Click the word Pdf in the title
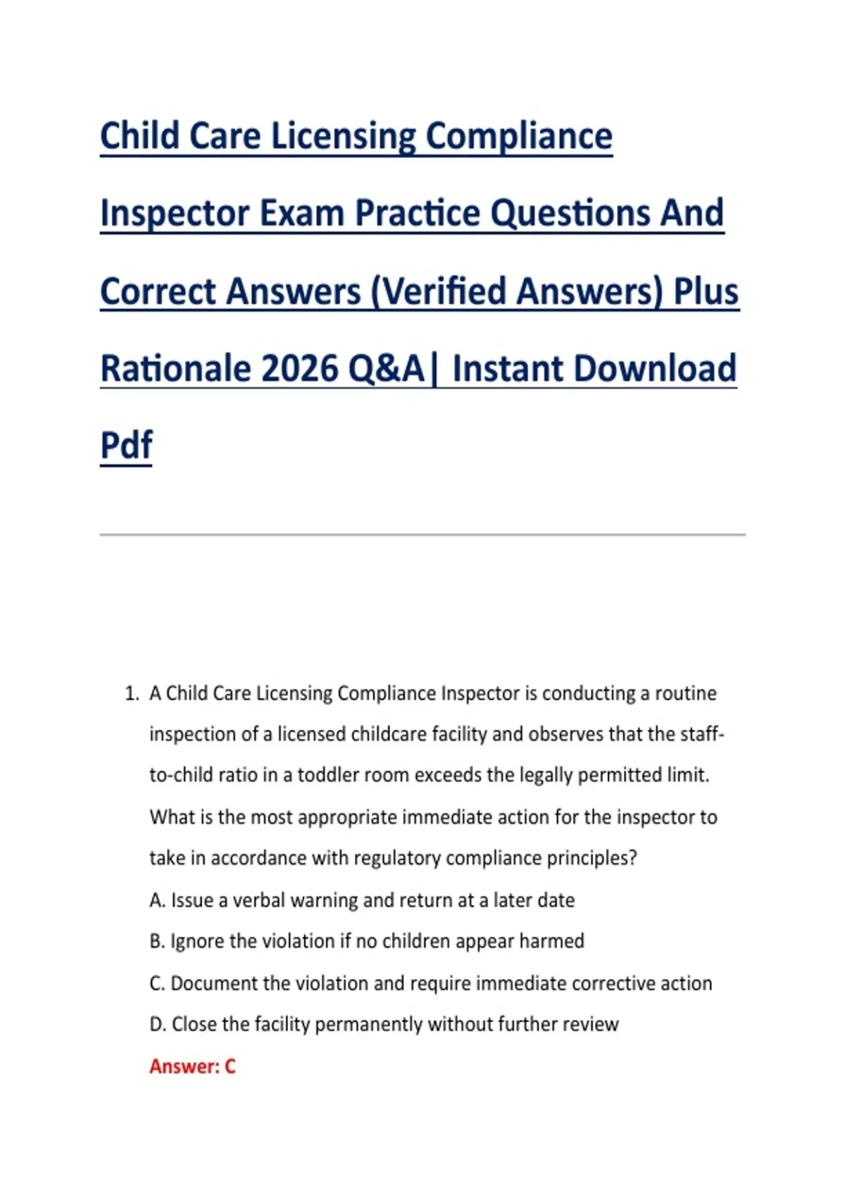coord(126,444)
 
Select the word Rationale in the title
coord(175,369)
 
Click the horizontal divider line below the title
coord(423,534)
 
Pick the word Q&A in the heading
coord(387,369)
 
